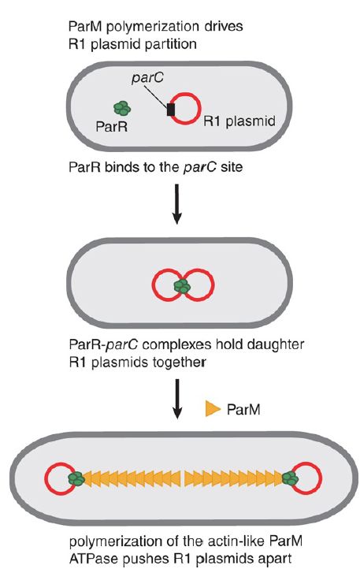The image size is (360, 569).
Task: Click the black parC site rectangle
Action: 171,110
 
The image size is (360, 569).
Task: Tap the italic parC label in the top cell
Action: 147,78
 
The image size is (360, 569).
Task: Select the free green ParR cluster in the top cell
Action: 122,108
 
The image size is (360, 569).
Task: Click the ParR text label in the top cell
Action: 111,126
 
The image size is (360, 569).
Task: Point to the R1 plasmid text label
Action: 239,121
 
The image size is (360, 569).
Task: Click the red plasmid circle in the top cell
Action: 200,109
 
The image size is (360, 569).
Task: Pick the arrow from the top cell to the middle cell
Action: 176,203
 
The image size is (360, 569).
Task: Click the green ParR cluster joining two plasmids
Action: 182,286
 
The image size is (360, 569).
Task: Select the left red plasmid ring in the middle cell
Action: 152,285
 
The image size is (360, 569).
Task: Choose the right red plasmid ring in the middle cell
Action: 213,285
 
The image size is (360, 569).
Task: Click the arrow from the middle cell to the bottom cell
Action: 176,399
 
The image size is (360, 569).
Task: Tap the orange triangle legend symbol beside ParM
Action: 213,408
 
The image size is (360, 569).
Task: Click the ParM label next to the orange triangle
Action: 243,409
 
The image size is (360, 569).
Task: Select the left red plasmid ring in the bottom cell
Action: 46,478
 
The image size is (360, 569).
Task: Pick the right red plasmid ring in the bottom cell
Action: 321,478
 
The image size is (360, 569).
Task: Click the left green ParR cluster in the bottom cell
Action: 76,478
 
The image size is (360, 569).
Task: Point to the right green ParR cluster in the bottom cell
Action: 291,478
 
